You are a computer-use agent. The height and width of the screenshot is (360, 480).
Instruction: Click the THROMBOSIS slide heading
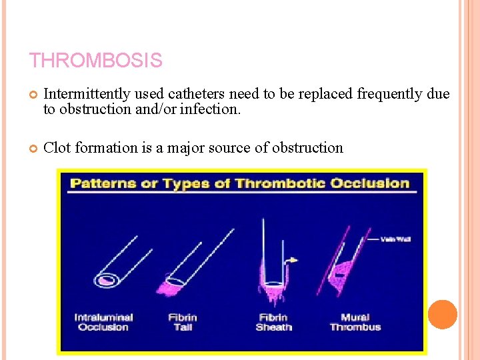pos(95,61)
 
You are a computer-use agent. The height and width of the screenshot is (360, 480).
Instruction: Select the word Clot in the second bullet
pos(57,147)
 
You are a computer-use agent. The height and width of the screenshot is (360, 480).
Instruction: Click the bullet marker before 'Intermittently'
pos(33,95)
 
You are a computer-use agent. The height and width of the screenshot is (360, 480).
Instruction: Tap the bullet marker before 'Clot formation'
pos(33,148)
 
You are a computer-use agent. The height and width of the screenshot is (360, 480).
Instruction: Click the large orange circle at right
pos(442,314)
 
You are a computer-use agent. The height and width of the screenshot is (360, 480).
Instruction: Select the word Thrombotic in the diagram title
pos(259,183)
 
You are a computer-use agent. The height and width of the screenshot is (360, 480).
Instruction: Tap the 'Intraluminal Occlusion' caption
pos(103,322)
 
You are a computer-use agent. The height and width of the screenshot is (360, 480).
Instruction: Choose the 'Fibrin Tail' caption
pos(182,322)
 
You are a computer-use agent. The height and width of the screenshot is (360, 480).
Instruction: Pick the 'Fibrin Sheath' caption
pos(273,322)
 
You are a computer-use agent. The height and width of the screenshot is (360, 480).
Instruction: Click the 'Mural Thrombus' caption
pos(355,322)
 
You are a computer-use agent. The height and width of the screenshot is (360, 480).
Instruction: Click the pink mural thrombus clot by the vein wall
pos(345,269)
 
